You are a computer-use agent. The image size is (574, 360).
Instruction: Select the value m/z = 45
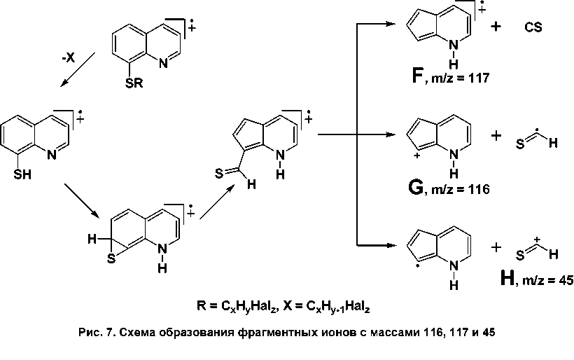coord(549,282)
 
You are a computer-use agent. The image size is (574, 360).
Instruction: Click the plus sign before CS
coord(496,27)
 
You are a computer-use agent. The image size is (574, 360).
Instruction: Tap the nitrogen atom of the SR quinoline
coord(163,64)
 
